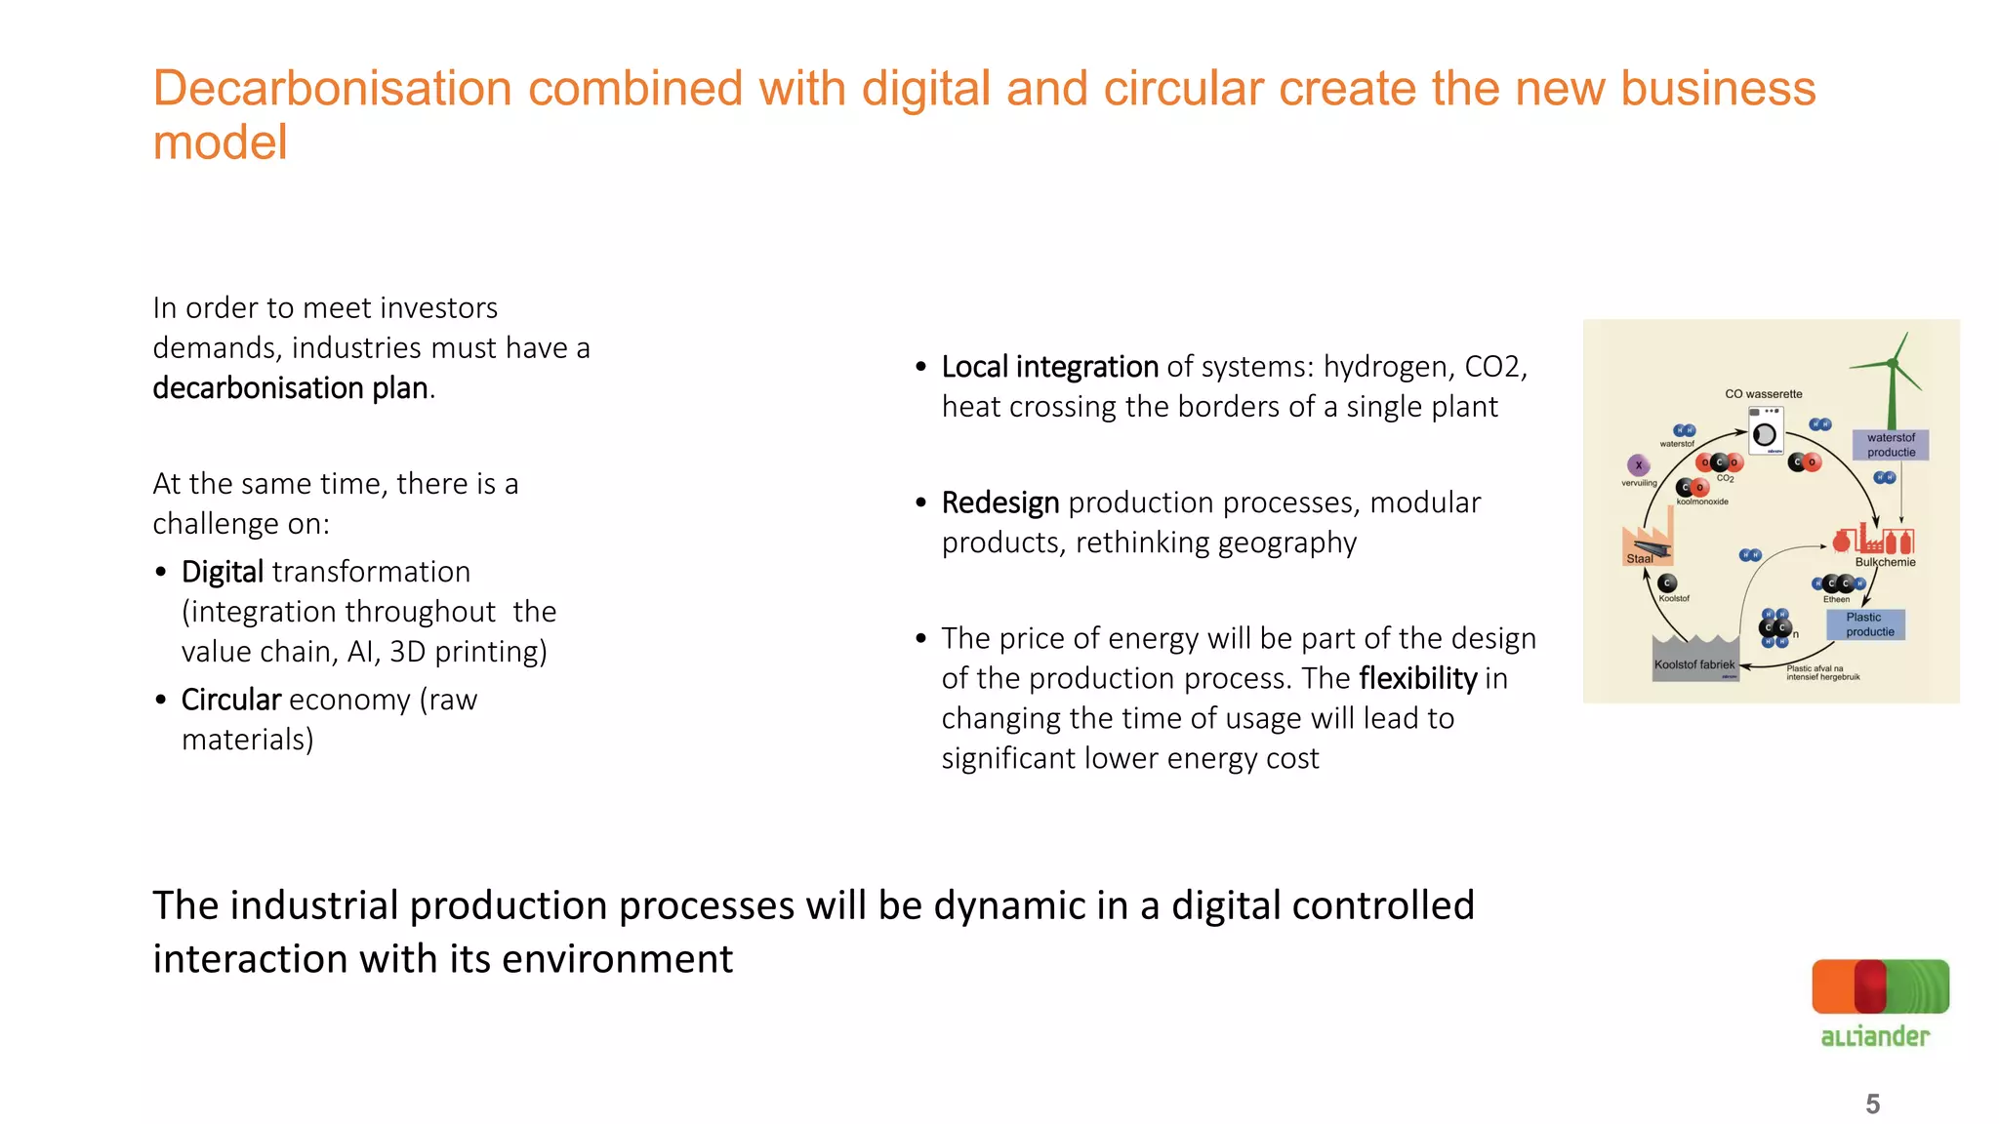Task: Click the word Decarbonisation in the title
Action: click(332, 89)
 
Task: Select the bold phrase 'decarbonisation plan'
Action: click(291, 388)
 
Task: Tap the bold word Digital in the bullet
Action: click(223, 572)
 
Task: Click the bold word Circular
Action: click(231, 700)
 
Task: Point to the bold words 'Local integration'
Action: click(1049, 367)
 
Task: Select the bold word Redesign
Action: click(999, 502)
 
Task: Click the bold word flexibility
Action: click(1417, 678)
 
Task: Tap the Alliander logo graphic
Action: click(1880, 987)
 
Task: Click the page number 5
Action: click(1872, 1104)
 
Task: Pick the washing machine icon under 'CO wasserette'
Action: click(1765, 432)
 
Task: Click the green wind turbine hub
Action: click(1893, 364)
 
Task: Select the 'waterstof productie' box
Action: click(1891, 445)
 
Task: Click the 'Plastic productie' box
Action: click(1865, 624)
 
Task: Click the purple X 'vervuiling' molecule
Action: click(1639, 465)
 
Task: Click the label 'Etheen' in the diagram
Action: click(1836, 599)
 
